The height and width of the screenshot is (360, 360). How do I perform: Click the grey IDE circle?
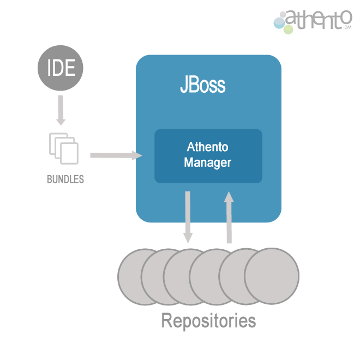point(61,68)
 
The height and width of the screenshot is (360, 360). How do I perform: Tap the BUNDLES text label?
point(65,179)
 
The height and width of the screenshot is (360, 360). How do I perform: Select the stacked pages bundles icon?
point(64,148)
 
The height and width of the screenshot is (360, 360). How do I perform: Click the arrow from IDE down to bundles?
point(61,110)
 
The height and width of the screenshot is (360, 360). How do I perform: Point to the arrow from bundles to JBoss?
point(116,155)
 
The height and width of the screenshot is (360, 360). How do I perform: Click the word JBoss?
point(203,84)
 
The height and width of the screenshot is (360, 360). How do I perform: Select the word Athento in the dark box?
point(208,147)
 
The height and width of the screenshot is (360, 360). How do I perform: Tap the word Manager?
point(208,163)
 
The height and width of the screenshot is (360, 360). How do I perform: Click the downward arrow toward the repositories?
point(188,217)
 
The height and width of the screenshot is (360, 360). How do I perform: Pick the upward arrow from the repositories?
point(229,217)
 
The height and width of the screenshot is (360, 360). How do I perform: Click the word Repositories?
point(208,321)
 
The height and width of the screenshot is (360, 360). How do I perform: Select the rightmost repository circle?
point(272,276)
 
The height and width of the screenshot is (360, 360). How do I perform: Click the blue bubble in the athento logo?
point(279,23)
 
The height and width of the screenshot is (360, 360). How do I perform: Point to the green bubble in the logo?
point(289,29)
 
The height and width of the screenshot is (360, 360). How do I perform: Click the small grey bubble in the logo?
point(283,15)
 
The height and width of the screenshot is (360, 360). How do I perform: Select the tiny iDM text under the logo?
point(347,27)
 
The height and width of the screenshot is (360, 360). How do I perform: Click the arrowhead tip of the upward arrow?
point(229,191)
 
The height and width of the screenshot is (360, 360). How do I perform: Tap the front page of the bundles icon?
point(69,153)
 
